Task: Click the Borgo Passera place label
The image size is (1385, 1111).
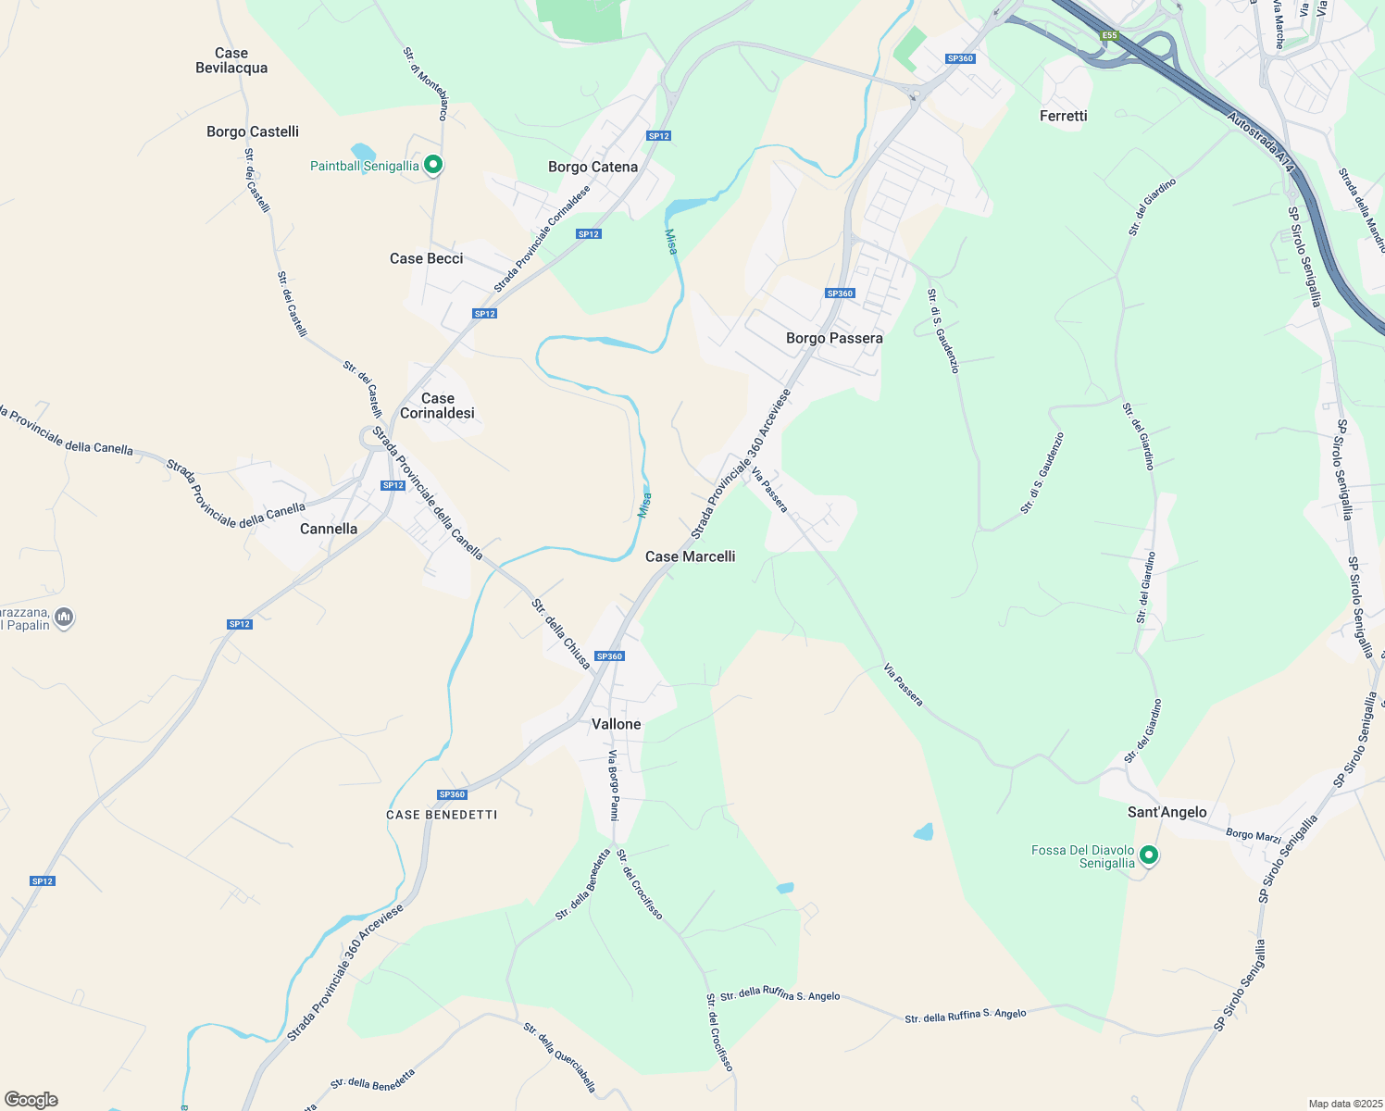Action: tap(834, 338)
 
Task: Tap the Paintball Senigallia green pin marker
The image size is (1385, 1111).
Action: tap(432, 166)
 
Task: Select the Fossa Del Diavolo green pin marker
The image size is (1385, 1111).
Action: tap(1148, 855)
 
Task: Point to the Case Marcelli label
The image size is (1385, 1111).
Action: tap(690, 556)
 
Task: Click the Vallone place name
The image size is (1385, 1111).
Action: tap(616, 724)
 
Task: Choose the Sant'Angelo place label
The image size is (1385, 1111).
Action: tap(1167, 812)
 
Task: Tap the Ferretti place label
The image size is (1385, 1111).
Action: tap(1063, 116)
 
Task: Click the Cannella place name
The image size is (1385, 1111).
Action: tap(329, 529)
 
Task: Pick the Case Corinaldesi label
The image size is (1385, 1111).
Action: tap(437, 406)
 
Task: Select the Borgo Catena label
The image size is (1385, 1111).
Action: tap(593, 167)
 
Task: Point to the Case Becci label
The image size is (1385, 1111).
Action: tap(426, 258)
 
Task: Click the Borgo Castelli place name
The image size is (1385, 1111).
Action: tap(253, 131)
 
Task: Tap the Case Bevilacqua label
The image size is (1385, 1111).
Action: tap(231, 60)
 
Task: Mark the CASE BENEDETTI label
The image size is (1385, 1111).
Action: tap(442, 815)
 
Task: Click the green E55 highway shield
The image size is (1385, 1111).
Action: tap(1109, 36)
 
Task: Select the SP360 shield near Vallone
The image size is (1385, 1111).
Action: tap(609, 656)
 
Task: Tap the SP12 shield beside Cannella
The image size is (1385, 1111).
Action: tap(393, 485)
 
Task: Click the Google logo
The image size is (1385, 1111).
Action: tap(31, 1099)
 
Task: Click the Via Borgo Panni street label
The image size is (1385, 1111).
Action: tap(613, 785)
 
